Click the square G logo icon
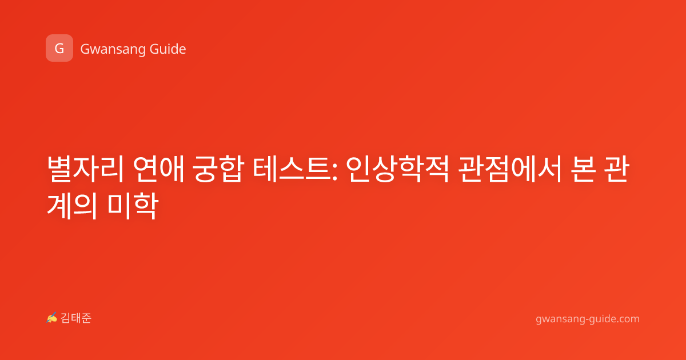pyautogui.click(x=59, y=48)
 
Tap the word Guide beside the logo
pyautogui.click(x=168, y=49)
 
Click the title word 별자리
pyautogui.click(x=85, y=169)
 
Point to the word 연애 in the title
pyautogui.click(x=159, y=169)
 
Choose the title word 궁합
pyautogui.click(x=218, y=169)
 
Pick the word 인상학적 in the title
pyautogui.click(x=397, y=169)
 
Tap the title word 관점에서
pyautogui.click(x=510, y=169)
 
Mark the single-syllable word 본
pyautogui.click(x=584, y=169)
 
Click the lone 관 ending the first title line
pyautogui.click(x=617, y=169)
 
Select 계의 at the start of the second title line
pyautogui.click(x=73, y=206)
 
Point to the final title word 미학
pyautogui.click(x=133, y=206)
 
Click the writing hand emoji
pyautogui.click(x=52, y=318)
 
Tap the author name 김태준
pyautogui.click(x=75, y=318)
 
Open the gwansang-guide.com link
pyautogui.click(x=588, y=319)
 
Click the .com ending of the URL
pyautogui.click(x=627, y=319)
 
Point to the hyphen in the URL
pyautogui.click(x=585, y=320)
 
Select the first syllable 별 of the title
pyautogui.click(x=59, y=169)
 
